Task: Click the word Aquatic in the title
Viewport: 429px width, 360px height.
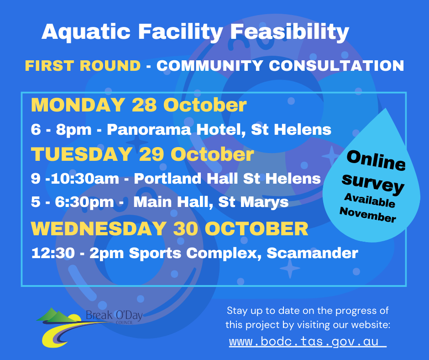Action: (x=86, y=32)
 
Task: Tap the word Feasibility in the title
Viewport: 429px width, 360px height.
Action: (x=290, y=32)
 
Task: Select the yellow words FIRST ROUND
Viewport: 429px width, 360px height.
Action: (x=83, y=66)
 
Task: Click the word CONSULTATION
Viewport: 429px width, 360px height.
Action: (x=336, y=66)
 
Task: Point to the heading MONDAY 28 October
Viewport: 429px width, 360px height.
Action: (x=139, y=105)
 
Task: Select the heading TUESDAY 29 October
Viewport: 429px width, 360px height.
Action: (x=142, y=154)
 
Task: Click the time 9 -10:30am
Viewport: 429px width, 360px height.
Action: (x=75, y=179)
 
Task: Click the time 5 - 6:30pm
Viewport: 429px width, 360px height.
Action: (x=72, y=202)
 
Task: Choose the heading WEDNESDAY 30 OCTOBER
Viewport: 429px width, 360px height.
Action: (x=170, y=228)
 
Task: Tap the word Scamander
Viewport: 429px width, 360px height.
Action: (x=313, y=253)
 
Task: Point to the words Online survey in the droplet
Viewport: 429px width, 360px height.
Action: (x=374, y=172)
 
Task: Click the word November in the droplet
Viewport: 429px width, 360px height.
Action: (x=368, y=215)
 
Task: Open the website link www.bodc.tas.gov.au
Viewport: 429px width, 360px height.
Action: (x=308, y=342)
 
